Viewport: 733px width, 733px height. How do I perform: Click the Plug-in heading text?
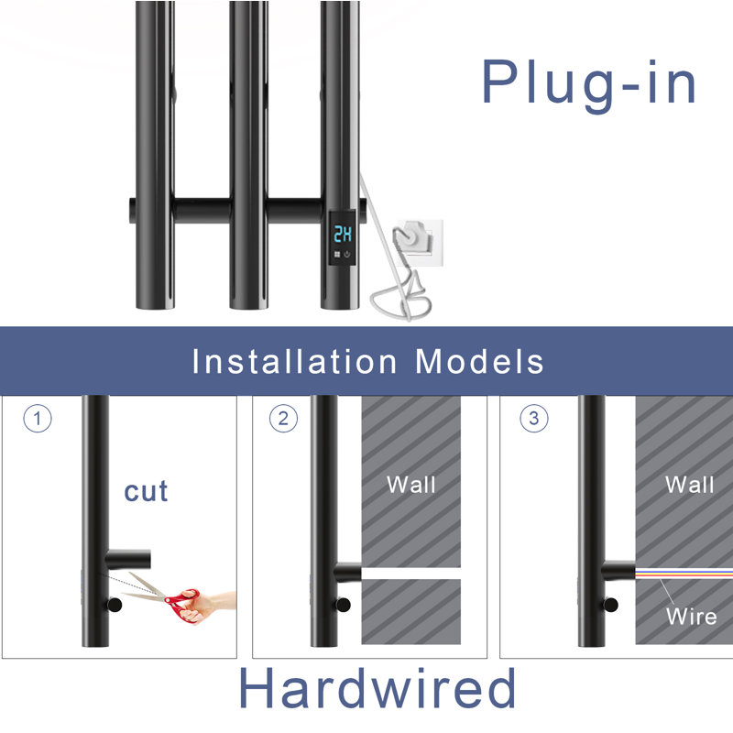pyautogui.click(x=589, y=85)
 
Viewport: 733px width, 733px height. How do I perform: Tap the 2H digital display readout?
pyautogui.click(x=343, y=235)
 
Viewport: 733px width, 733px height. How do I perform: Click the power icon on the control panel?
pyautogui.click(x=347, y=255)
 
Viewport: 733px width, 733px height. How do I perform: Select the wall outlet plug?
pyautogui.click(x=413, y=237)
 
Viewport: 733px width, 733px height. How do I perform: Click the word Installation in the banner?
pyautogui.click(x=294, y=361)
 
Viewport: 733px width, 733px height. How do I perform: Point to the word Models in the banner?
pyautogui.click(x=479, y=361)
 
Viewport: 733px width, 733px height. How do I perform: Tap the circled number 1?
pyautogui.click(x=38, y=418)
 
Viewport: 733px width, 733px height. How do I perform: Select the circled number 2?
pyautogui.click(x=283, y=418)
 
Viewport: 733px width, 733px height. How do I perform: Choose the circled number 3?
pyautogui.click(x=534, y=418)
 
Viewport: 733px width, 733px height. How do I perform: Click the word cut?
pyautogui.click(x=146, y=491)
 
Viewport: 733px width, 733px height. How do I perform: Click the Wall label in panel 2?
pyautogui.click(x=411, y=485)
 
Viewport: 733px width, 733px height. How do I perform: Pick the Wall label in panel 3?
pyautogui.click(x=690, y=485)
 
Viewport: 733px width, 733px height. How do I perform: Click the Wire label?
pyautogui.click(x=692, y=617)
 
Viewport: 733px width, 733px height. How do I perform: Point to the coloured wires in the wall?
pyautogui.click(x=684, y=574)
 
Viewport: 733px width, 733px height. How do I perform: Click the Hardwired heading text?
pyautogui.click(x=377, y=688)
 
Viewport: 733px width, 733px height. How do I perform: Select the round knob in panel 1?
pyautogui.click(x=114, y=605)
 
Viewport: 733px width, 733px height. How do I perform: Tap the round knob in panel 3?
pyautogui.click(x=610, y=605)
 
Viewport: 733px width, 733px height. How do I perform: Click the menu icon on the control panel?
pyautogui.click(x=337, y=255)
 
